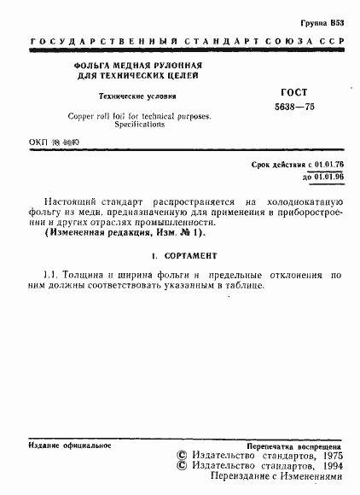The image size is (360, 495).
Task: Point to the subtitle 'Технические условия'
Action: pyautogui.click(x=130, y=97)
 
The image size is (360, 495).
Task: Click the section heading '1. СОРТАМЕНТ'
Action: pyautogui.click(x=180, y=254)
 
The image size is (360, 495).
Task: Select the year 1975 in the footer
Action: pyautogui.click(x=328, y=457)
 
